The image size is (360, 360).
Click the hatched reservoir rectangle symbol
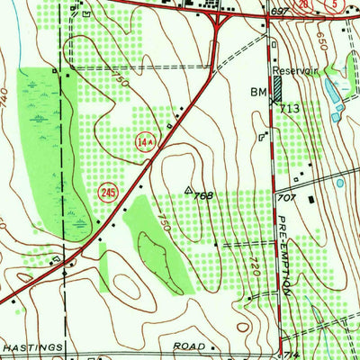276,87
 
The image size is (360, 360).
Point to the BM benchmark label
257,93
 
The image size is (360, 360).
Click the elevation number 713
288,107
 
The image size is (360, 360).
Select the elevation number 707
287,196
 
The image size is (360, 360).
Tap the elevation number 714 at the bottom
287,355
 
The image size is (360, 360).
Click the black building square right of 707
311,199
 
